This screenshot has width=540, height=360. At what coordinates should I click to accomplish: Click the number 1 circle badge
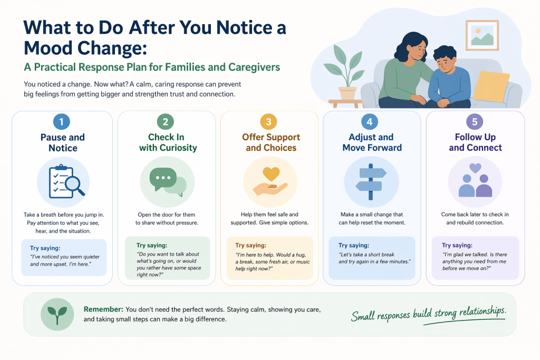point(62,121)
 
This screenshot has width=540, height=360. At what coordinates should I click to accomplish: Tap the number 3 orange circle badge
point(268,121)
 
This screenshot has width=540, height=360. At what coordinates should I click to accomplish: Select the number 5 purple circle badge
point(475,121)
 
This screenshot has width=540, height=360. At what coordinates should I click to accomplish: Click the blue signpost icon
point(371,182)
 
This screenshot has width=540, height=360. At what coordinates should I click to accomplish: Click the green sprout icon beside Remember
point(57,314)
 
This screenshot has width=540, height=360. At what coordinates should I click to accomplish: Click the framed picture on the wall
point(482,35)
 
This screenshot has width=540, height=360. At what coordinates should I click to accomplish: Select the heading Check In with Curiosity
point(168,142)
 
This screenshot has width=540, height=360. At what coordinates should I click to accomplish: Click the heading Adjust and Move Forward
point(372,142)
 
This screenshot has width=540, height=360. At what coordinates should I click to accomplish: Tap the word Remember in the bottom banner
point(103,309)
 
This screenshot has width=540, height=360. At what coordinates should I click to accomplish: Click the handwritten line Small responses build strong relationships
point(428,314)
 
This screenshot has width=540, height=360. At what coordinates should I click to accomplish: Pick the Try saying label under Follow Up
point(457,245)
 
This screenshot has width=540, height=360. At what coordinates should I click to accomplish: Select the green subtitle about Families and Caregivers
point(152,67)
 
